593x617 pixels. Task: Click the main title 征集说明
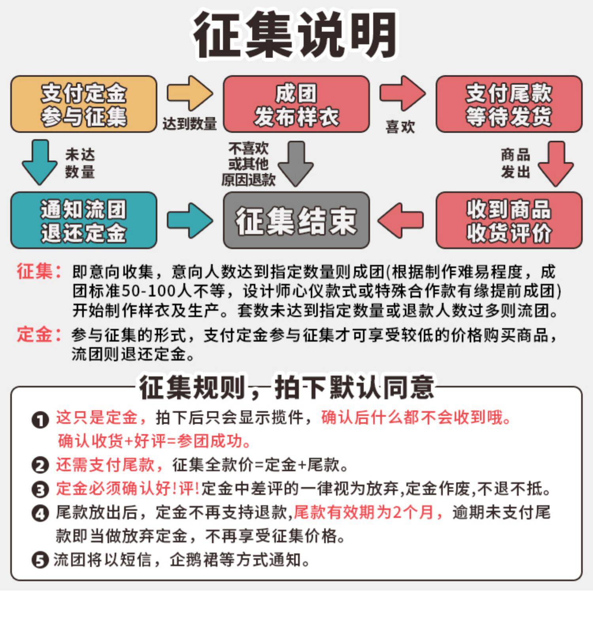click(x=295, y=35)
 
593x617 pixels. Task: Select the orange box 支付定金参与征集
click(x=83, y=104)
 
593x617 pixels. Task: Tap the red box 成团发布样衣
click(x=296, y=104)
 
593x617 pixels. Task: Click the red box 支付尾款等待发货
click(x=509, y=104)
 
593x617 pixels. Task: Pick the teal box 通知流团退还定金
click(x=83, y=220)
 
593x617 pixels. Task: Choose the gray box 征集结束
click(x=296, y=220)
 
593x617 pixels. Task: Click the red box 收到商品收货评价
click(x=509, y=220)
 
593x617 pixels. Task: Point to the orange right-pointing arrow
click(x=189, y=94)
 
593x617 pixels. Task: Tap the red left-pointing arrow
click(x=401, y=220)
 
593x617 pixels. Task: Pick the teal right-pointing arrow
click(x=189, y=220)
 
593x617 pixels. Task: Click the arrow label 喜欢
click(x=400, y=127)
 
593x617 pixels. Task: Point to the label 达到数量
click(x=189, y=124)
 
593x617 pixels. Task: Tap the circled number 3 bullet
click(x=40, y=490)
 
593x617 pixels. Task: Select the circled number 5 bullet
click(x=40, y=560)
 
